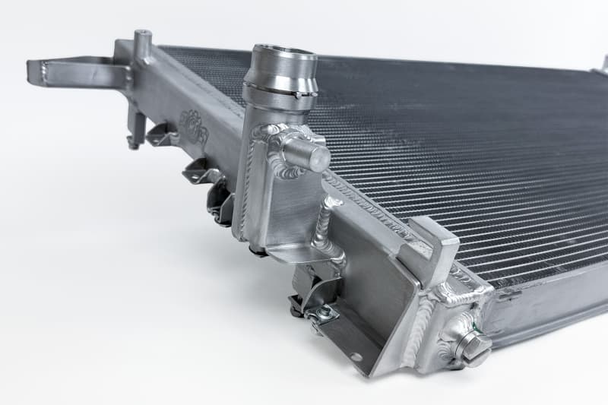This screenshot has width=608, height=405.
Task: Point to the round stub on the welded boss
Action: tap(312, 157)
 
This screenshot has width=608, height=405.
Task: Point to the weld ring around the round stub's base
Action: tap(287, 152)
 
